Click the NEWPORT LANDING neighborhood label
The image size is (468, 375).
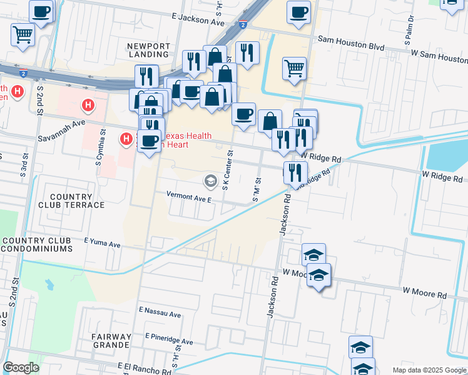coord(148,50)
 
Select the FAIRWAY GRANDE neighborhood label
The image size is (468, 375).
coord(111,340)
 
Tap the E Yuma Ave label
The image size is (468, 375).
coord(101,242)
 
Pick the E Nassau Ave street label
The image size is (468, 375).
coord(160,310)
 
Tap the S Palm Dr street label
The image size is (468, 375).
coord(412,27)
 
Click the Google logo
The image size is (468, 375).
coord(21,367)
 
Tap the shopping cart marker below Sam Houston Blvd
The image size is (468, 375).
coord(294,67)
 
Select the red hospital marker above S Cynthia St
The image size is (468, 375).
coord(89,106)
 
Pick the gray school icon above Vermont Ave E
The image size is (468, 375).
coord(211,181)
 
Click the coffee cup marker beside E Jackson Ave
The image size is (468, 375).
coord(298,12)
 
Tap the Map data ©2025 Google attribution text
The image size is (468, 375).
coord(429,369)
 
